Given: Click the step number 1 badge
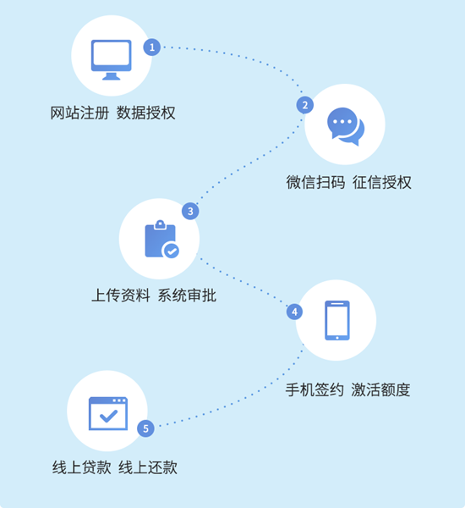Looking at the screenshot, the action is coord(152,47).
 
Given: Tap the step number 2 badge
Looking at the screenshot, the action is coord(305,105).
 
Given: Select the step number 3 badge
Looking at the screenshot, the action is coord(190,211).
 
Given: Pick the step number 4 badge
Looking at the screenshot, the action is coord(294,312).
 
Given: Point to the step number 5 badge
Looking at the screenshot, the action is coord(145,428).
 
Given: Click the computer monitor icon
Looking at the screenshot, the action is coord(112,59).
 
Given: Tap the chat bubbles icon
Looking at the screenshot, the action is coord(346,126).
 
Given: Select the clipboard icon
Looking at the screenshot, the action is coord(161,239).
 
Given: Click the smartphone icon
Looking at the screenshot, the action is coord(337,320).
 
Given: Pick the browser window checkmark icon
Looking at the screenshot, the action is coord(108,413).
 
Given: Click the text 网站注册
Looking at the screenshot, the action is coord(79,113).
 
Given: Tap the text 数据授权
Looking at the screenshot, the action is coord(146,113).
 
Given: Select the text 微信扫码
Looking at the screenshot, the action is coord(315,182).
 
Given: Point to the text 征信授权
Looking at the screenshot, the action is coord(382,182).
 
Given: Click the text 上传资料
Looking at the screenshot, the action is coord(121,295).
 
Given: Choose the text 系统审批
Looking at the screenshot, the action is coord(187,295).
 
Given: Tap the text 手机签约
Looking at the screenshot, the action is coord(315,389).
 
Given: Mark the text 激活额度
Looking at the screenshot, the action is coord(380,389).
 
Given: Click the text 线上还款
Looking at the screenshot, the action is coord(148,468).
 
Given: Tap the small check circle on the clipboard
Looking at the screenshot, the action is coord(171,251).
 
